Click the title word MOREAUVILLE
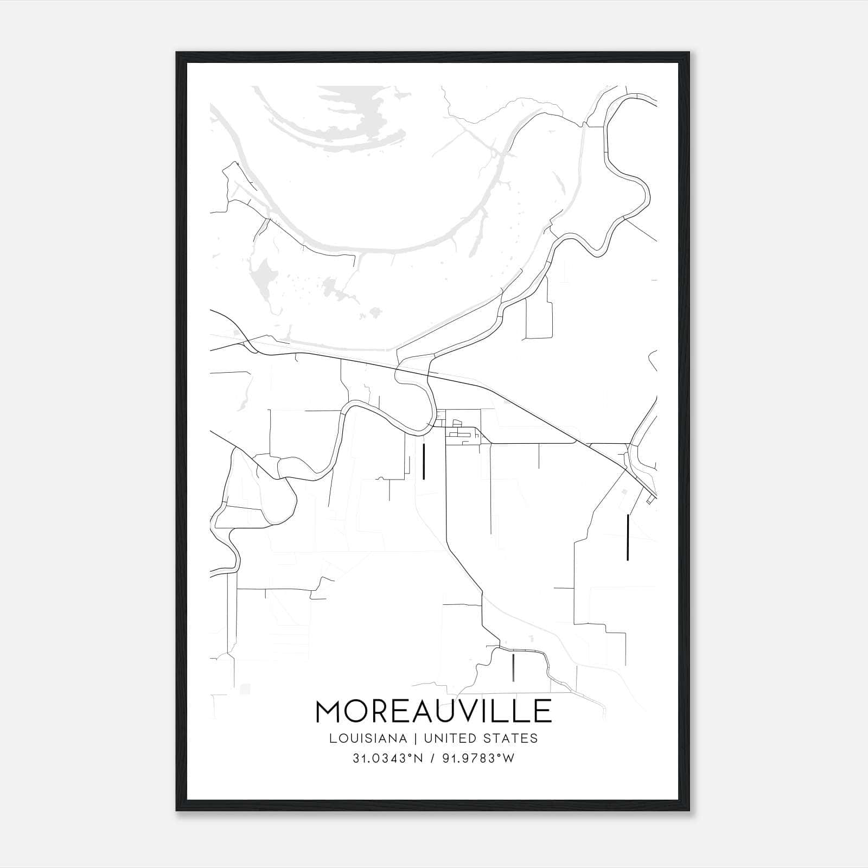tap(433, 712)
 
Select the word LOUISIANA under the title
tap(368, 738)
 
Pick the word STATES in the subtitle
tap(511, 738)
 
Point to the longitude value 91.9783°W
tap(478, 758)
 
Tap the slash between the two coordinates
tap(432, 758)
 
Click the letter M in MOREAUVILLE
tap(330, 712)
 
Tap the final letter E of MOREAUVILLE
tap(544, 712)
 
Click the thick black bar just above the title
tap(513, 667)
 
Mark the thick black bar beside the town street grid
tap(423, 462)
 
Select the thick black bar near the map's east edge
tap(628, 537)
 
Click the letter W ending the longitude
tap(509, 758)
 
